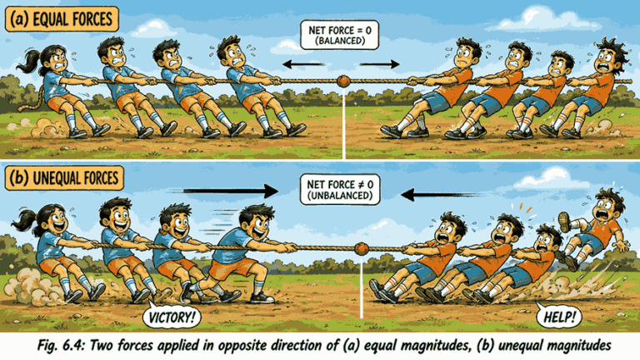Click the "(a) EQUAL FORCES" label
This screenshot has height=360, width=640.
tap(62, 19)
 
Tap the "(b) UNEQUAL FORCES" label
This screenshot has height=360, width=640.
tap(64, 178)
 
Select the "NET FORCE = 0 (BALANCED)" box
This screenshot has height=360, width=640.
tap(340, 36)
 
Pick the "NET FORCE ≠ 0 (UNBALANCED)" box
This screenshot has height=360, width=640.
tap(340, 190)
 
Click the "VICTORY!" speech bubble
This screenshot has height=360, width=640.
tap(172, 317)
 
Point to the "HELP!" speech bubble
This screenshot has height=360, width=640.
tap(559, 316)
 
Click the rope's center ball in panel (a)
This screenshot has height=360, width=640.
tap(343, 81)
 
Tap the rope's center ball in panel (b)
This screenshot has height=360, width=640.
tap(361, 248)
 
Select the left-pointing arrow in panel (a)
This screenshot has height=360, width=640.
tap(303, 64)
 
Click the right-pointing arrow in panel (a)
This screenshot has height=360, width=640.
tap(380, 64)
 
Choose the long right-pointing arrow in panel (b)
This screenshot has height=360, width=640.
tap(231, 191)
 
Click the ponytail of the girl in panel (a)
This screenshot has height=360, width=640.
tap(29, 62)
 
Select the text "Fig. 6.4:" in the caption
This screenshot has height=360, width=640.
tap(61, 346)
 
